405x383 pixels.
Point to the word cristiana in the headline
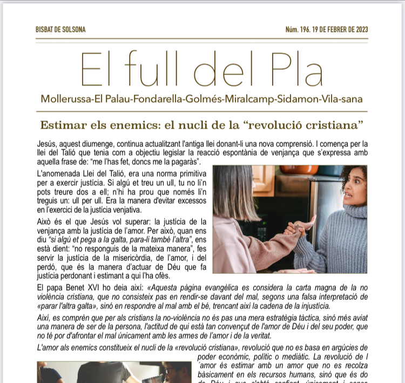(x=334, y=125)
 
